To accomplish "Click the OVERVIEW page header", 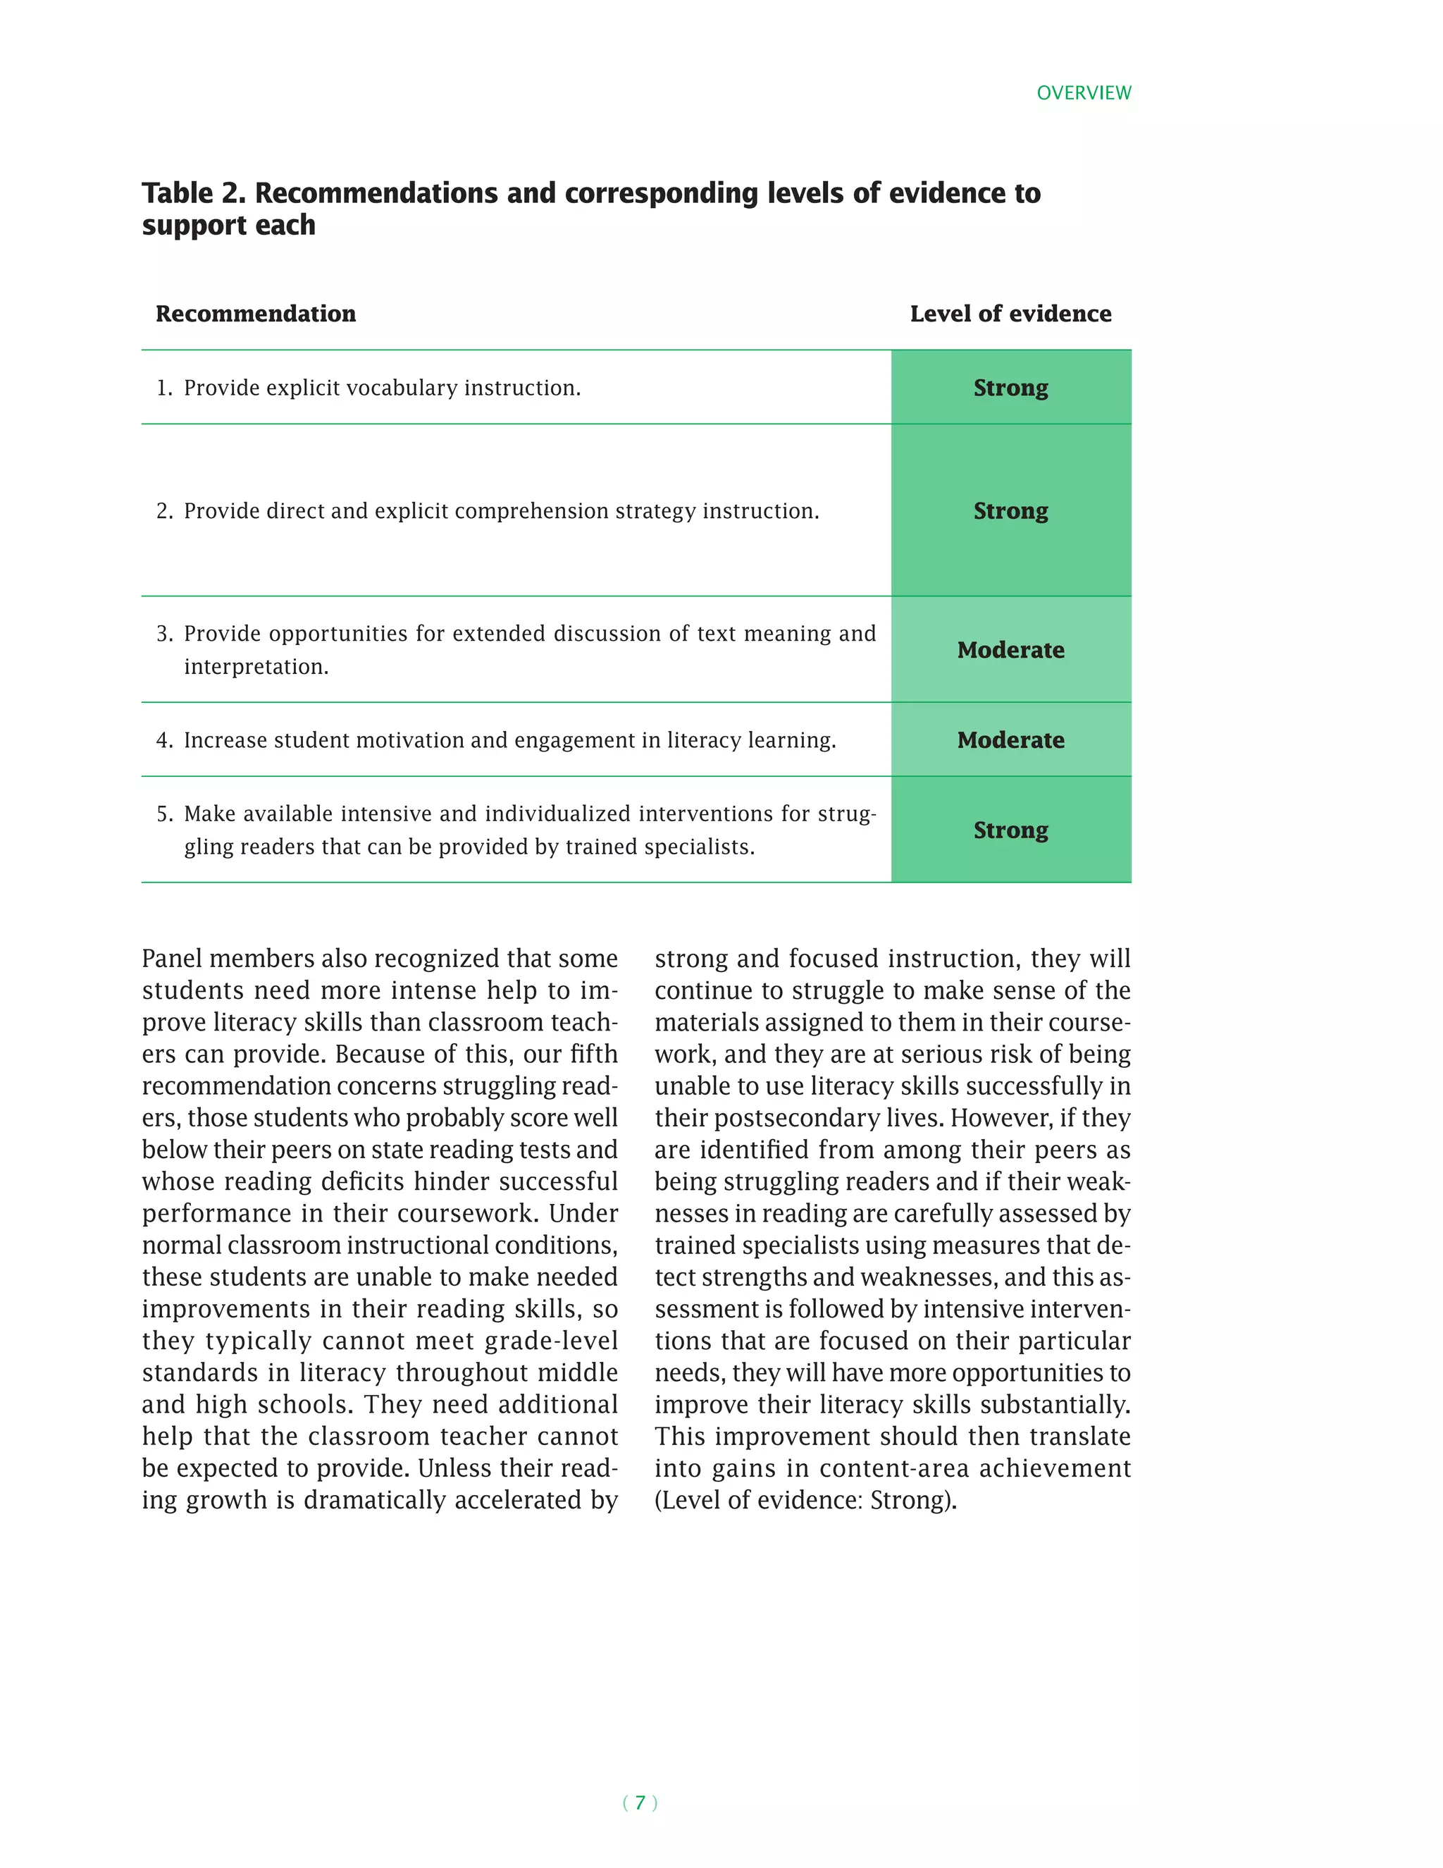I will coord(1083,92).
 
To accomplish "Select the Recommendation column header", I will coord(256,314).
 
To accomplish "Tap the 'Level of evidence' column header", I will coord(1010,314).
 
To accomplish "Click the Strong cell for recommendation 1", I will coord(1010,388).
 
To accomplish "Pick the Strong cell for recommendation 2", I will coord(1010,510).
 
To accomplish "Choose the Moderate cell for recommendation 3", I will coord(1010,650).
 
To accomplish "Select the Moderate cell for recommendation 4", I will coord(1010,740).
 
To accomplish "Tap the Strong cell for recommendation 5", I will coord(1010,830).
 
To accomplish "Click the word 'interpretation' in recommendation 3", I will coord(256,667).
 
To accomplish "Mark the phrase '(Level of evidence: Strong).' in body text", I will coord(805,1500).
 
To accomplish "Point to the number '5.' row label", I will coord(164,814).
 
